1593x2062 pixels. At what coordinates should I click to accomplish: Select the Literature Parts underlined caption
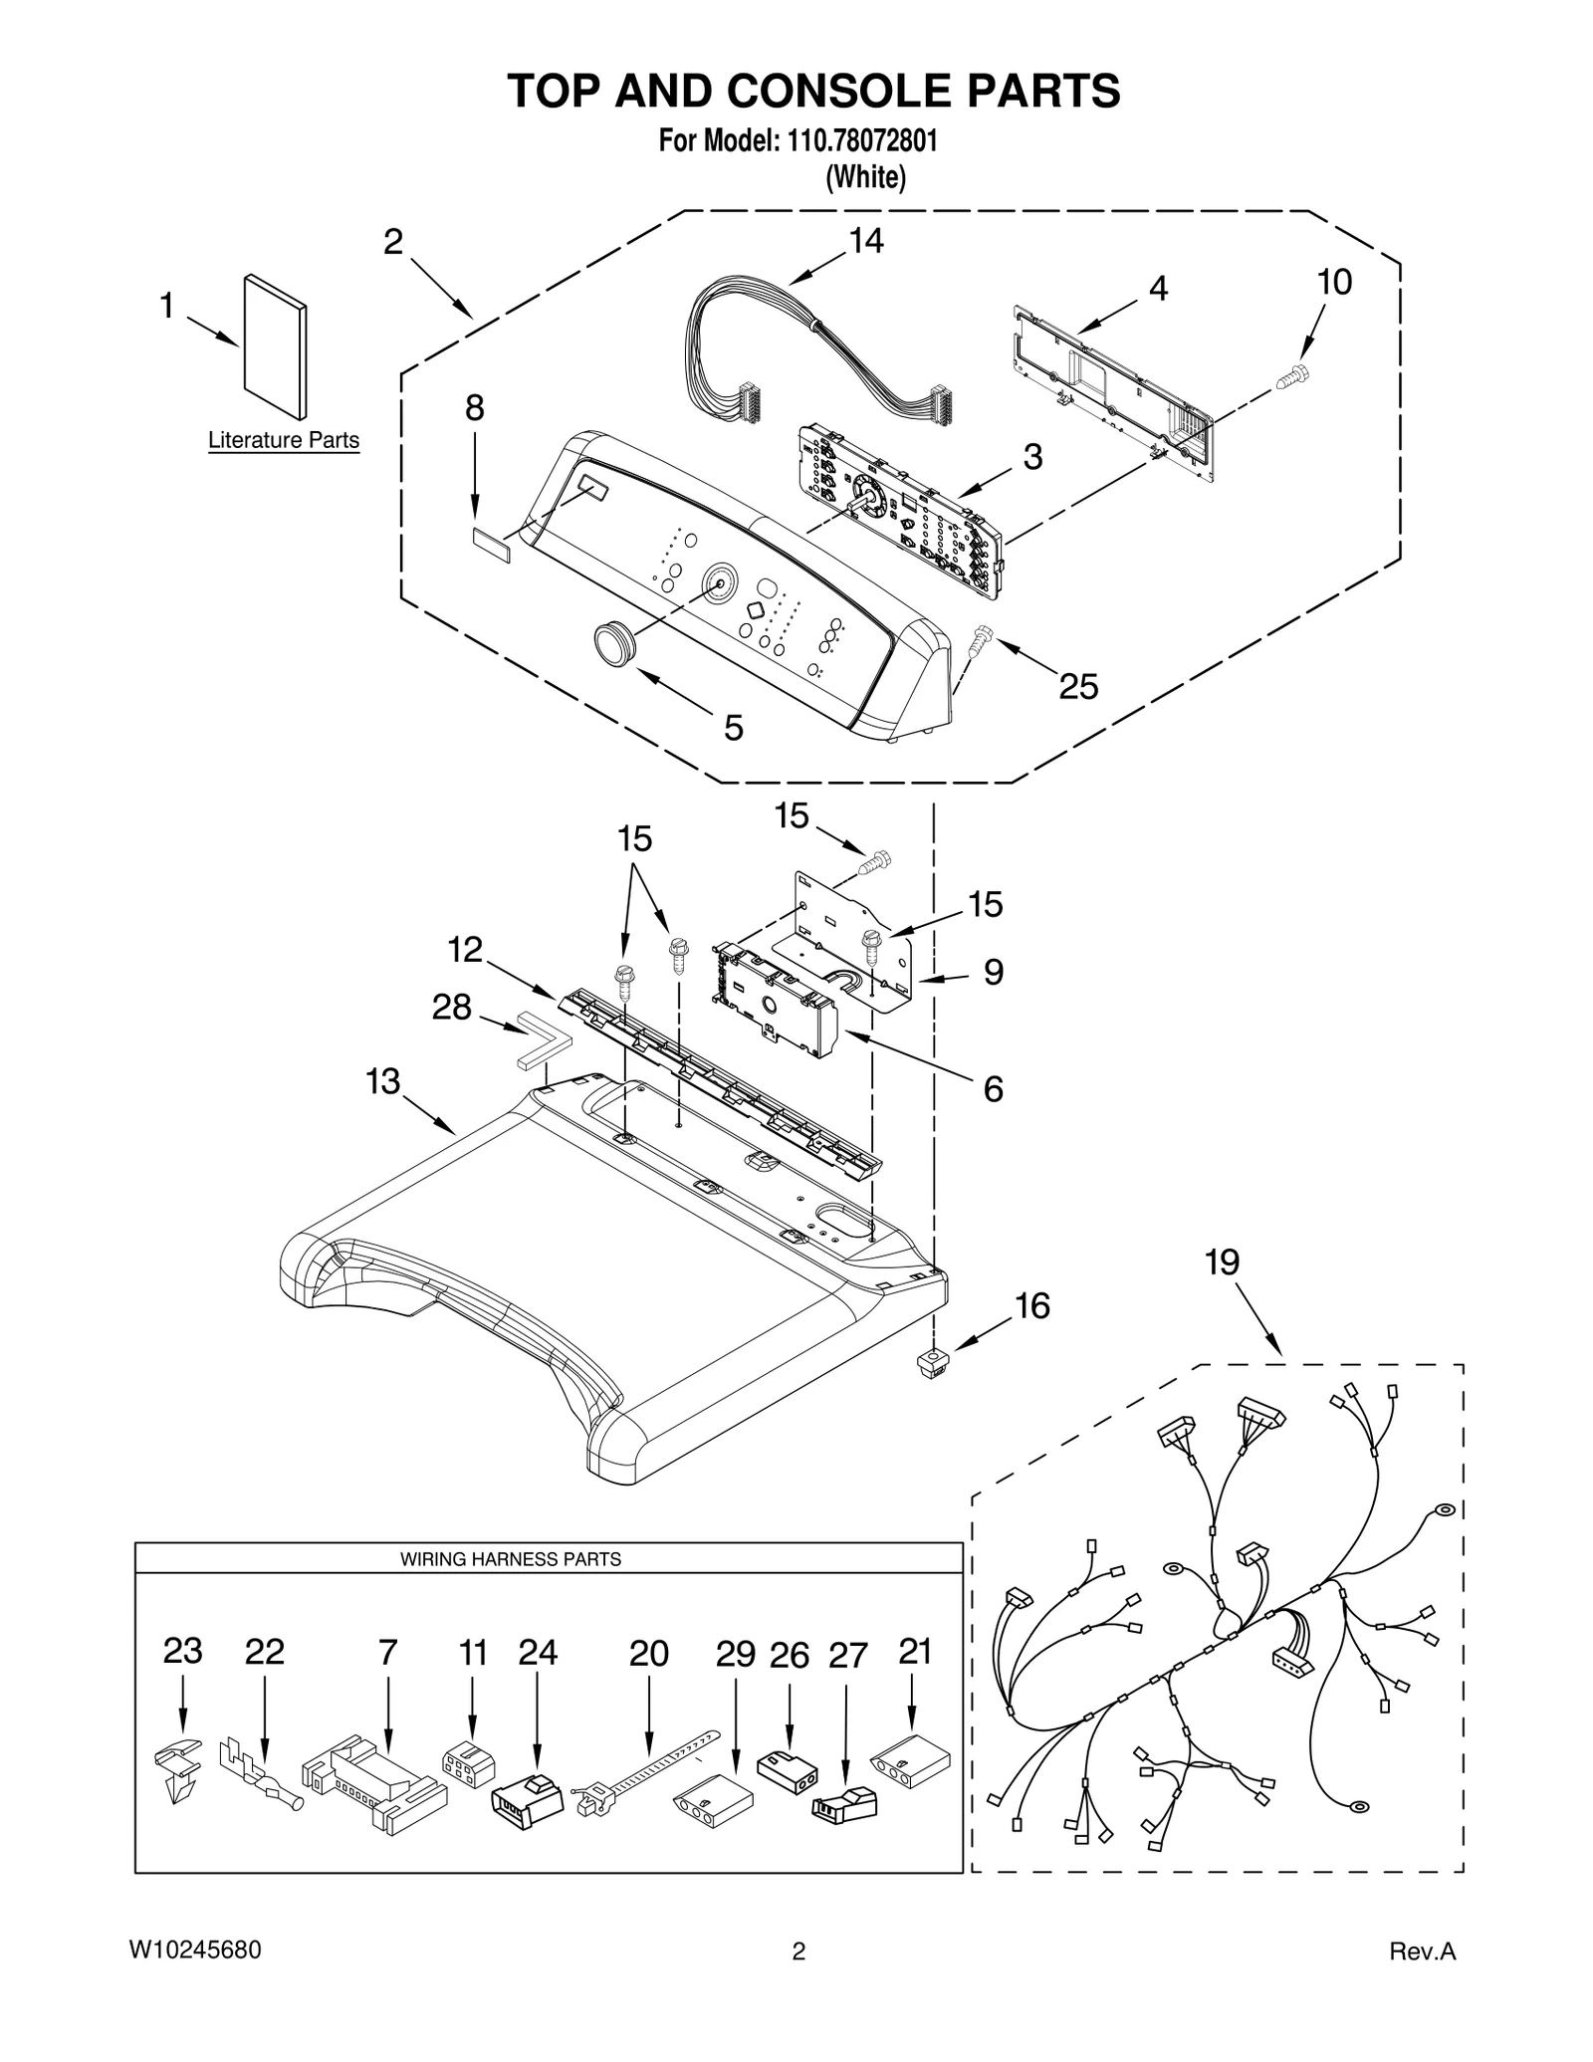(x=283, y=440)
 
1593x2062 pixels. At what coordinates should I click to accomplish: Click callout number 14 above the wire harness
(x=865, y=242)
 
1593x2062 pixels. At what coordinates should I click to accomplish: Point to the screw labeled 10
(x=1293, y=376)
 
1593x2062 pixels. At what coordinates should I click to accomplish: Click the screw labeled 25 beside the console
(x=979, y=637)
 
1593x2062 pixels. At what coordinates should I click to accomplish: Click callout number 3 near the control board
(x=1032, y=457)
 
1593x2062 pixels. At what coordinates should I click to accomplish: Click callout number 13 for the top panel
(x=383, y=1081)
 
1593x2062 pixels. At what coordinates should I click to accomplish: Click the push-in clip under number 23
(x=178, y=1769)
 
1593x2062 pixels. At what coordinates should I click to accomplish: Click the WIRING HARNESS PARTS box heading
(x=510, y=1560)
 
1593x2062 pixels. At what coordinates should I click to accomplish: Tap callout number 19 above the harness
(x=1222, y=1262)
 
